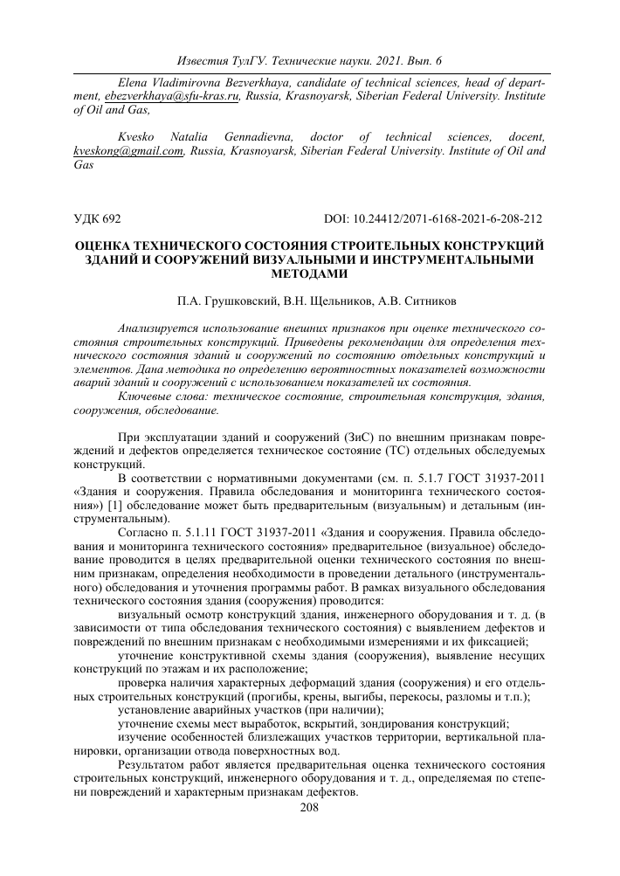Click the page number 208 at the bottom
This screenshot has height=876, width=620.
tap(310, 808)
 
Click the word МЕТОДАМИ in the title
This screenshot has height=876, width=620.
tap(310, 272)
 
